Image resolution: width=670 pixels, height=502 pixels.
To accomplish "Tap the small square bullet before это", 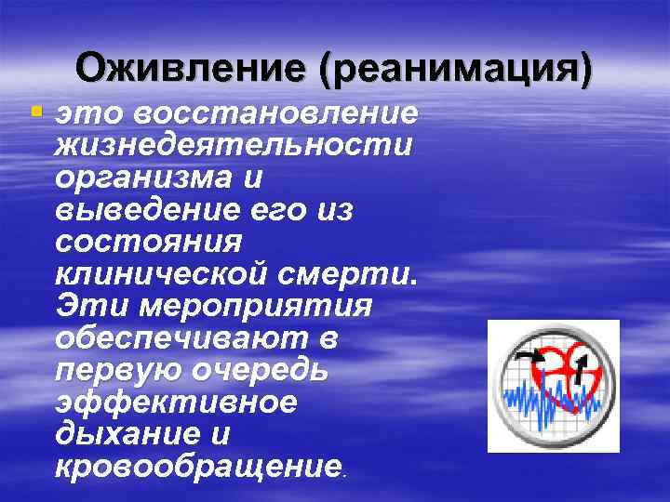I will (35, 112).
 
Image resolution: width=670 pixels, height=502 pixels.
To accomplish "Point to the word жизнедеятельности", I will (235, 146).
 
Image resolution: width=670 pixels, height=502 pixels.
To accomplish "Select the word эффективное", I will (176, 403).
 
